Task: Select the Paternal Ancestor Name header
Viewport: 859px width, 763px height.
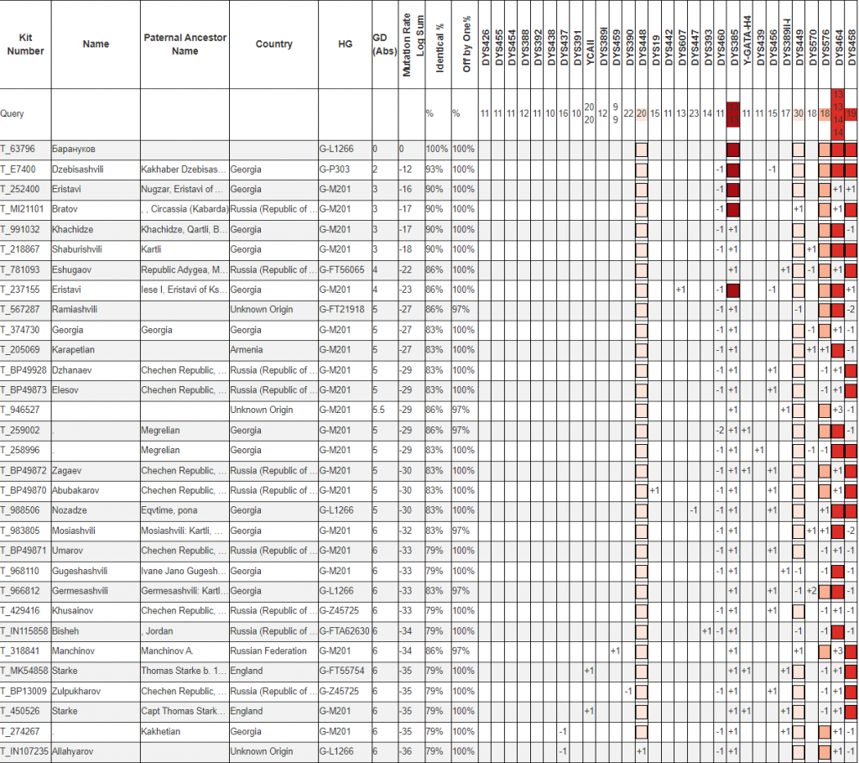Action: [185, 44]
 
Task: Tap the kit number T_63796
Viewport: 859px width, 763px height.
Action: [18, 149]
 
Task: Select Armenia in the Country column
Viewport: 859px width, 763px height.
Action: [246, 350]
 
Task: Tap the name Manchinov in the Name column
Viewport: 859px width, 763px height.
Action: [74, 651]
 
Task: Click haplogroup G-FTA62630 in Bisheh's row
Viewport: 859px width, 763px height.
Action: [343, 630]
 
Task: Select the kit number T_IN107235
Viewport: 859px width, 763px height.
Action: [24, 751]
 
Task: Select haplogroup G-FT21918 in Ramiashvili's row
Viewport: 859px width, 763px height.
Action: [341, 310]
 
